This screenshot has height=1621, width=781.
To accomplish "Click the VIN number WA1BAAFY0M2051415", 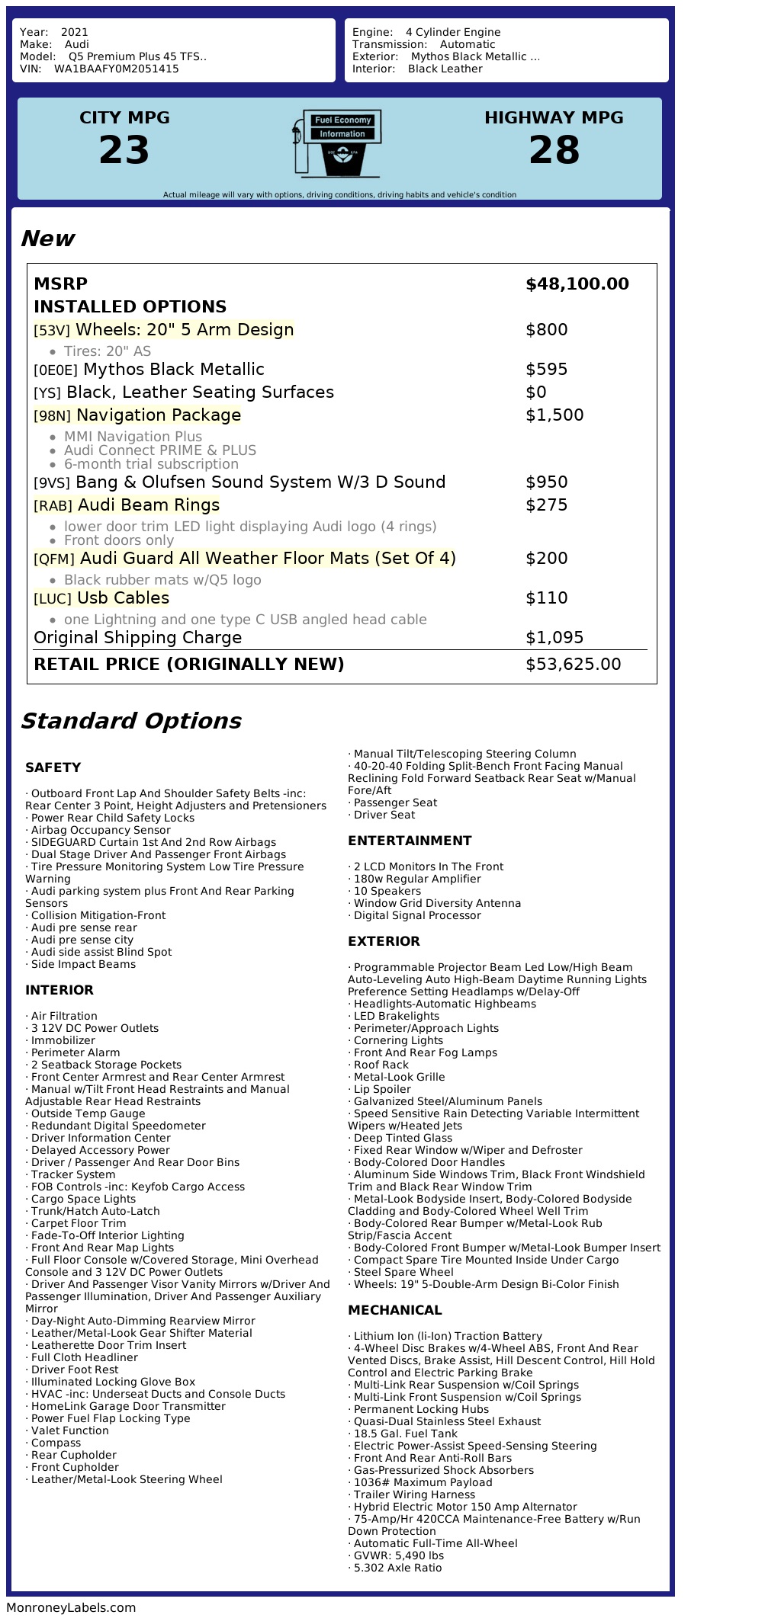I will (117, 69).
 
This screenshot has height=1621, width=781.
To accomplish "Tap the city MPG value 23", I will (124, 149).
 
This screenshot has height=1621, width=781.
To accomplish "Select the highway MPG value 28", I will (554, 149).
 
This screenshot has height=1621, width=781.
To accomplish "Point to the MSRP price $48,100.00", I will (577, 284).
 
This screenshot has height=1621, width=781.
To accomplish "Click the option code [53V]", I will (52, 331).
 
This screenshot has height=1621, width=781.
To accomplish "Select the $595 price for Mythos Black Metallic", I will (546, 370).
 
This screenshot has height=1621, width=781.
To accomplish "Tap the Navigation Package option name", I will (159, 415).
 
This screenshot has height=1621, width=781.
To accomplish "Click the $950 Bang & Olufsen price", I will (546, 482).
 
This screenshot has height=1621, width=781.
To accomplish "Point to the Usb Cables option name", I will (123, 598).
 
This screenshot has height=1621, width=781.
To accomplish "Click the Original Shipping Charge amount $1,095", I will (554, 638).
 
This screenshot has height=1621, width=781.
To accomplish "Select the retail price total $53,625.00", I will (573, 665).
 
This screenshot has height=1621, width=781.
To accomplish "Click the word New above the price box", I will (47, 239).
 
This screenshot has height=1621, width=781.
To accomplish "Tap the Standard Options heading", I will (130, 721).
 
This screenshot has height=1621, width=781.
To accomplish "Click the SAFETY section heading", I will (53, 767).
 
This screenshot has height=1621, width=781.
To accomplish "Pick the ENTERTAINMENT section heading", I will (410, 841).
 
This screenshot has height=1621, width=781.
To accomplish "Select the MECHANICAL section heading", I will (394, 1310).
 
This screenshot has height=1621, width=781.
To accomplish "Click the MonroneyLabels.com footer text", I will (71, 1607).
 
